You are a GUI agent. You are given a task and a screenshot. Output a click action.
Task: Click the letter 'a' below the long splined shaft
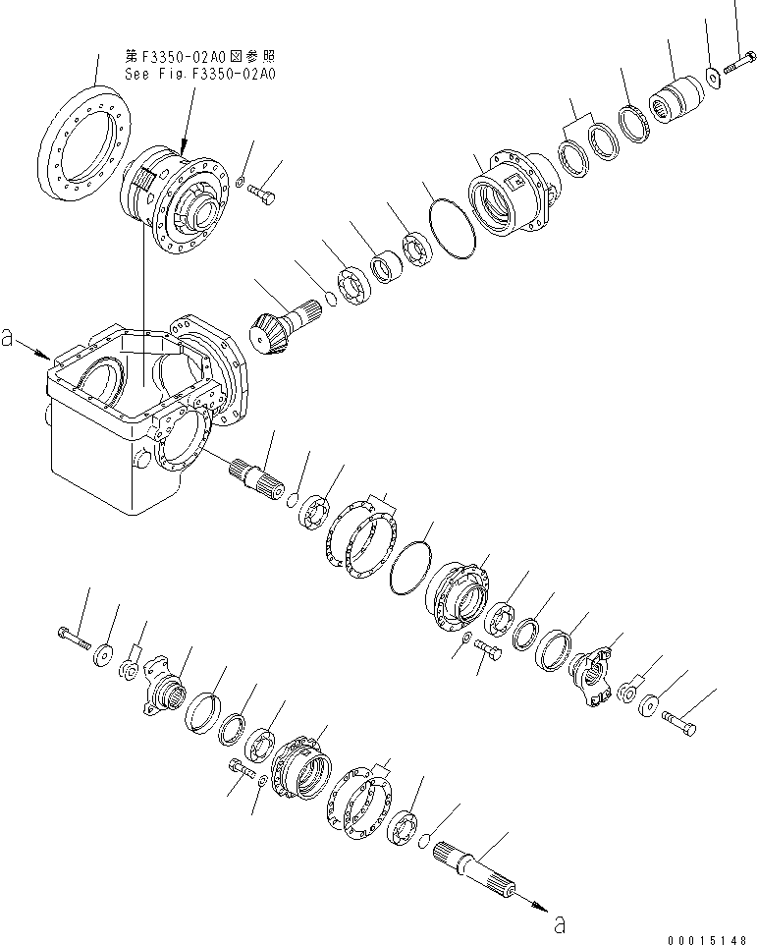pos(561,922)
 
